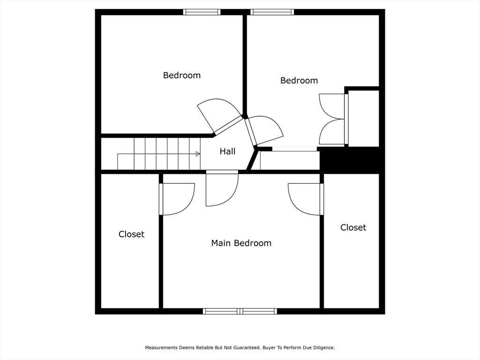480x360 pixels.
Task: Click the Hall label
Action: pos(227,151)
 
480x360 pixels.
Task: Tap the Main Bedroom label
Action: pos(241,243)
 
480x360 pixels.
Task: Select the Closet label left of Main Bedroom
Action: pos(131,234)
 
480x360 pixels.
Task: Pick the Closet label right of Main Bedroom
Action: pos(353,227)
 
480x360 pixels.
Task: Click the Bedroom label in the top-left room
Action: pos(182,75)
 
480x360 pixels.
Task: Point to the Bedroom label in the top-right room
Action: pos(299,81)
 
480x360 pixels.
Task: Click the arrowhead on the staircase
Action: pos(198,154)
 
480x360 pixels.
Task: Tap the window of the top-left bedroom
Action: pos(202,12)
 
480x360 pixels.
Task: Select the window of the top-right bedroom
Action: pos(272,12)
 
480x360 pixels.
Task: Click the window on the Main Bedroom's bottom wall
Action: pos(240,311)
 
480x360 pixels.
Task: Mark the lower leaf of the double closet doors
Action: pos(332,132)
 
